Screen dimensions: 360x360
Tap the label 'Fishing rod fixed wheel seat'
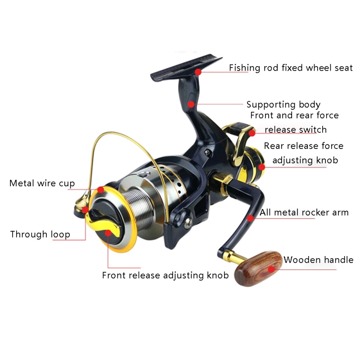[291, 68]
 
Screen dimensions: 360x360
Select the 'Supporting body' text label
[283, 105]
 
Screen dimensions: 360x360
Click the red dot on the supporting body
[191, 104]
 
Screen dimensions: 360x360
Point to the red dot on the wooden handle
[271, 269]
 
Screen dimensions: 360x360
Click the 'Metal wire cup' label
[42, 184]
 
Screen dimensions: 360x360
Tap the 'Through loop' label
[40, 234]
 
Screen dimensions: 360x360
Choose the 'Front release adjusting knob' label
[165, 275]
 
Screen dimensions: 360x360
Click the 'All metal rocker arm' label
[304, 212]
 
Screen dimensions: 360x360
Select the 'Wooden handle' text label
[319, 260]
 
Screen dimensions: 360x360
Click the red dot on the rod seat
[198, 72]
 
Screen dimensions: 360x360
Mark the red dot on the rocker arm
[251, 218]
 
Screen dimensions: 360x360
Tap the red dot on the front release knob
[108, 233]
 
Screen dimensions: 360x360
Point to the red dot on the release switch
[252, 133]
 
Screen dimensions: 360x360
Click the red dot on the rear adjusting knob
[261, 167]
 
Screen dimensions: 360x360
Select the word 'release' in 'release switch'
[280, 130]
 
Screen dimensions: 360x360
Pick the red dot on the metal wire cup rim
[100, 190]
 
